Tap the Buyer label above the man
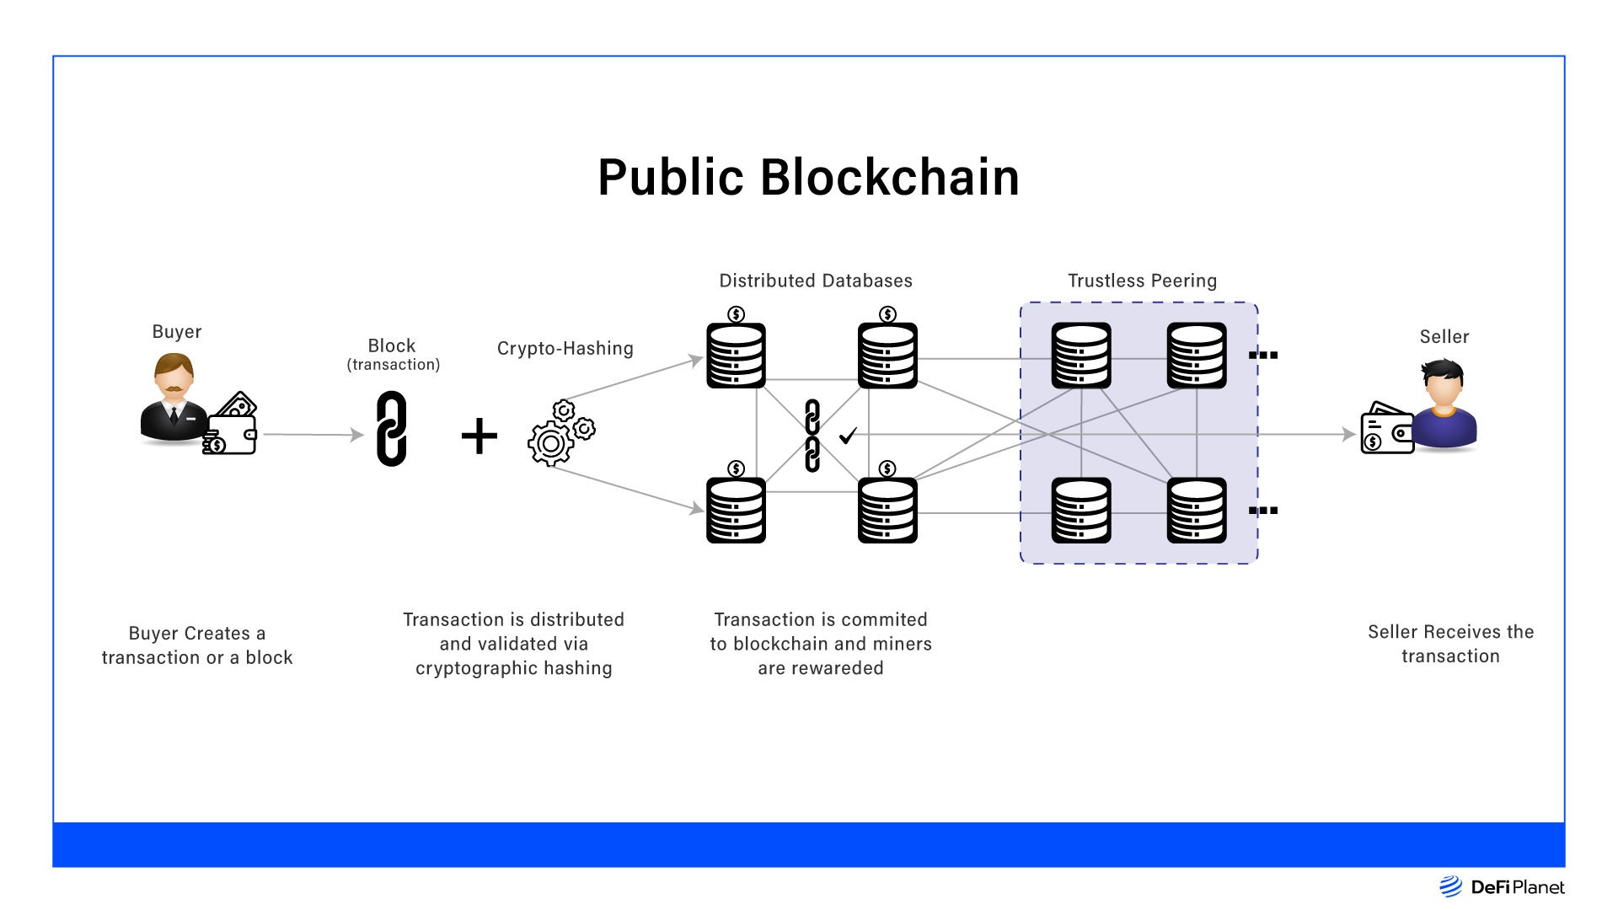click(x=177, y=332)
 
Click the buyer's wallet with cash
click(x=232, y=426)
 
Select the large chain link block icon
click(x=392, y=429)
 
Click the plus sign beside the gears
click(x=480, y=436)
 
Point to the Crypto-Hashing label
click(x=565, y=349)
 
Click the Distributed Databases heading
click(x=815, y=281)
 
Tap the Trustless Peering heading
click(x=1142, y=281)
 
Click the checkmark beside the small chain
click(x=848, y=436)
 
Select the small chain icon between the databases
click(x=812, y=436)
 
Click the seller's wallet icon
click(x=1386, y=430)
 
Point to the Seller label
click(x=1444, y=337)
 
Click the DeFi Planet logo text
click(x=1517, y=887)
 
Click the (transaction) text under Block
click(x=394, y=365)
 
